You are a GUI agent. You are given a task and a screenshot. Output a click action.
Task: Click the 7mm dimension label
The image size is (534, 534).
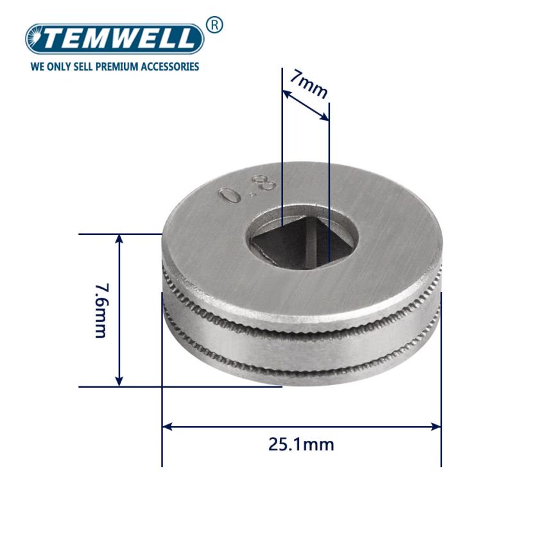(x=309, y=85)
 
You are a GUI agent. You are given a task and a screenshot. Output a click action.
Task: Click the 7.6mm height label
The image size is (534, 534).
(x=101, y=310)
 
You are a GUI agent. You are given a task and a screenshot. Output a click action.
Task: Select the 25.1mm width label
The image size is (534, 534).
(x=301, y=444)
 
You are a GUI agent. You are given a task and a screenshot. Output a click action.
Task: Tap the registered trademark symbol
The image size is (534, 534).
(x=214, y=25)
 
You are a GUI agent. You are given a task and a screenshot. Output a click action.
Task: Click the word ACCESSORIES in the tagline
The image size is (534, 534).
(x=169, y=66)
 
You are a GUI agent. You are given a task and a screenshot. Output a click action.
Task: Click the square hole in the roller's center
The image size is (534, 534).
(x=295, y=243)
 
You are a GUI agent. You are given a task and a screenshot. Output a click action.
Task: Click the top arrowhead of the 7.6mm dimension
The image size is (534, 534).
(x=119, y=239)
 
